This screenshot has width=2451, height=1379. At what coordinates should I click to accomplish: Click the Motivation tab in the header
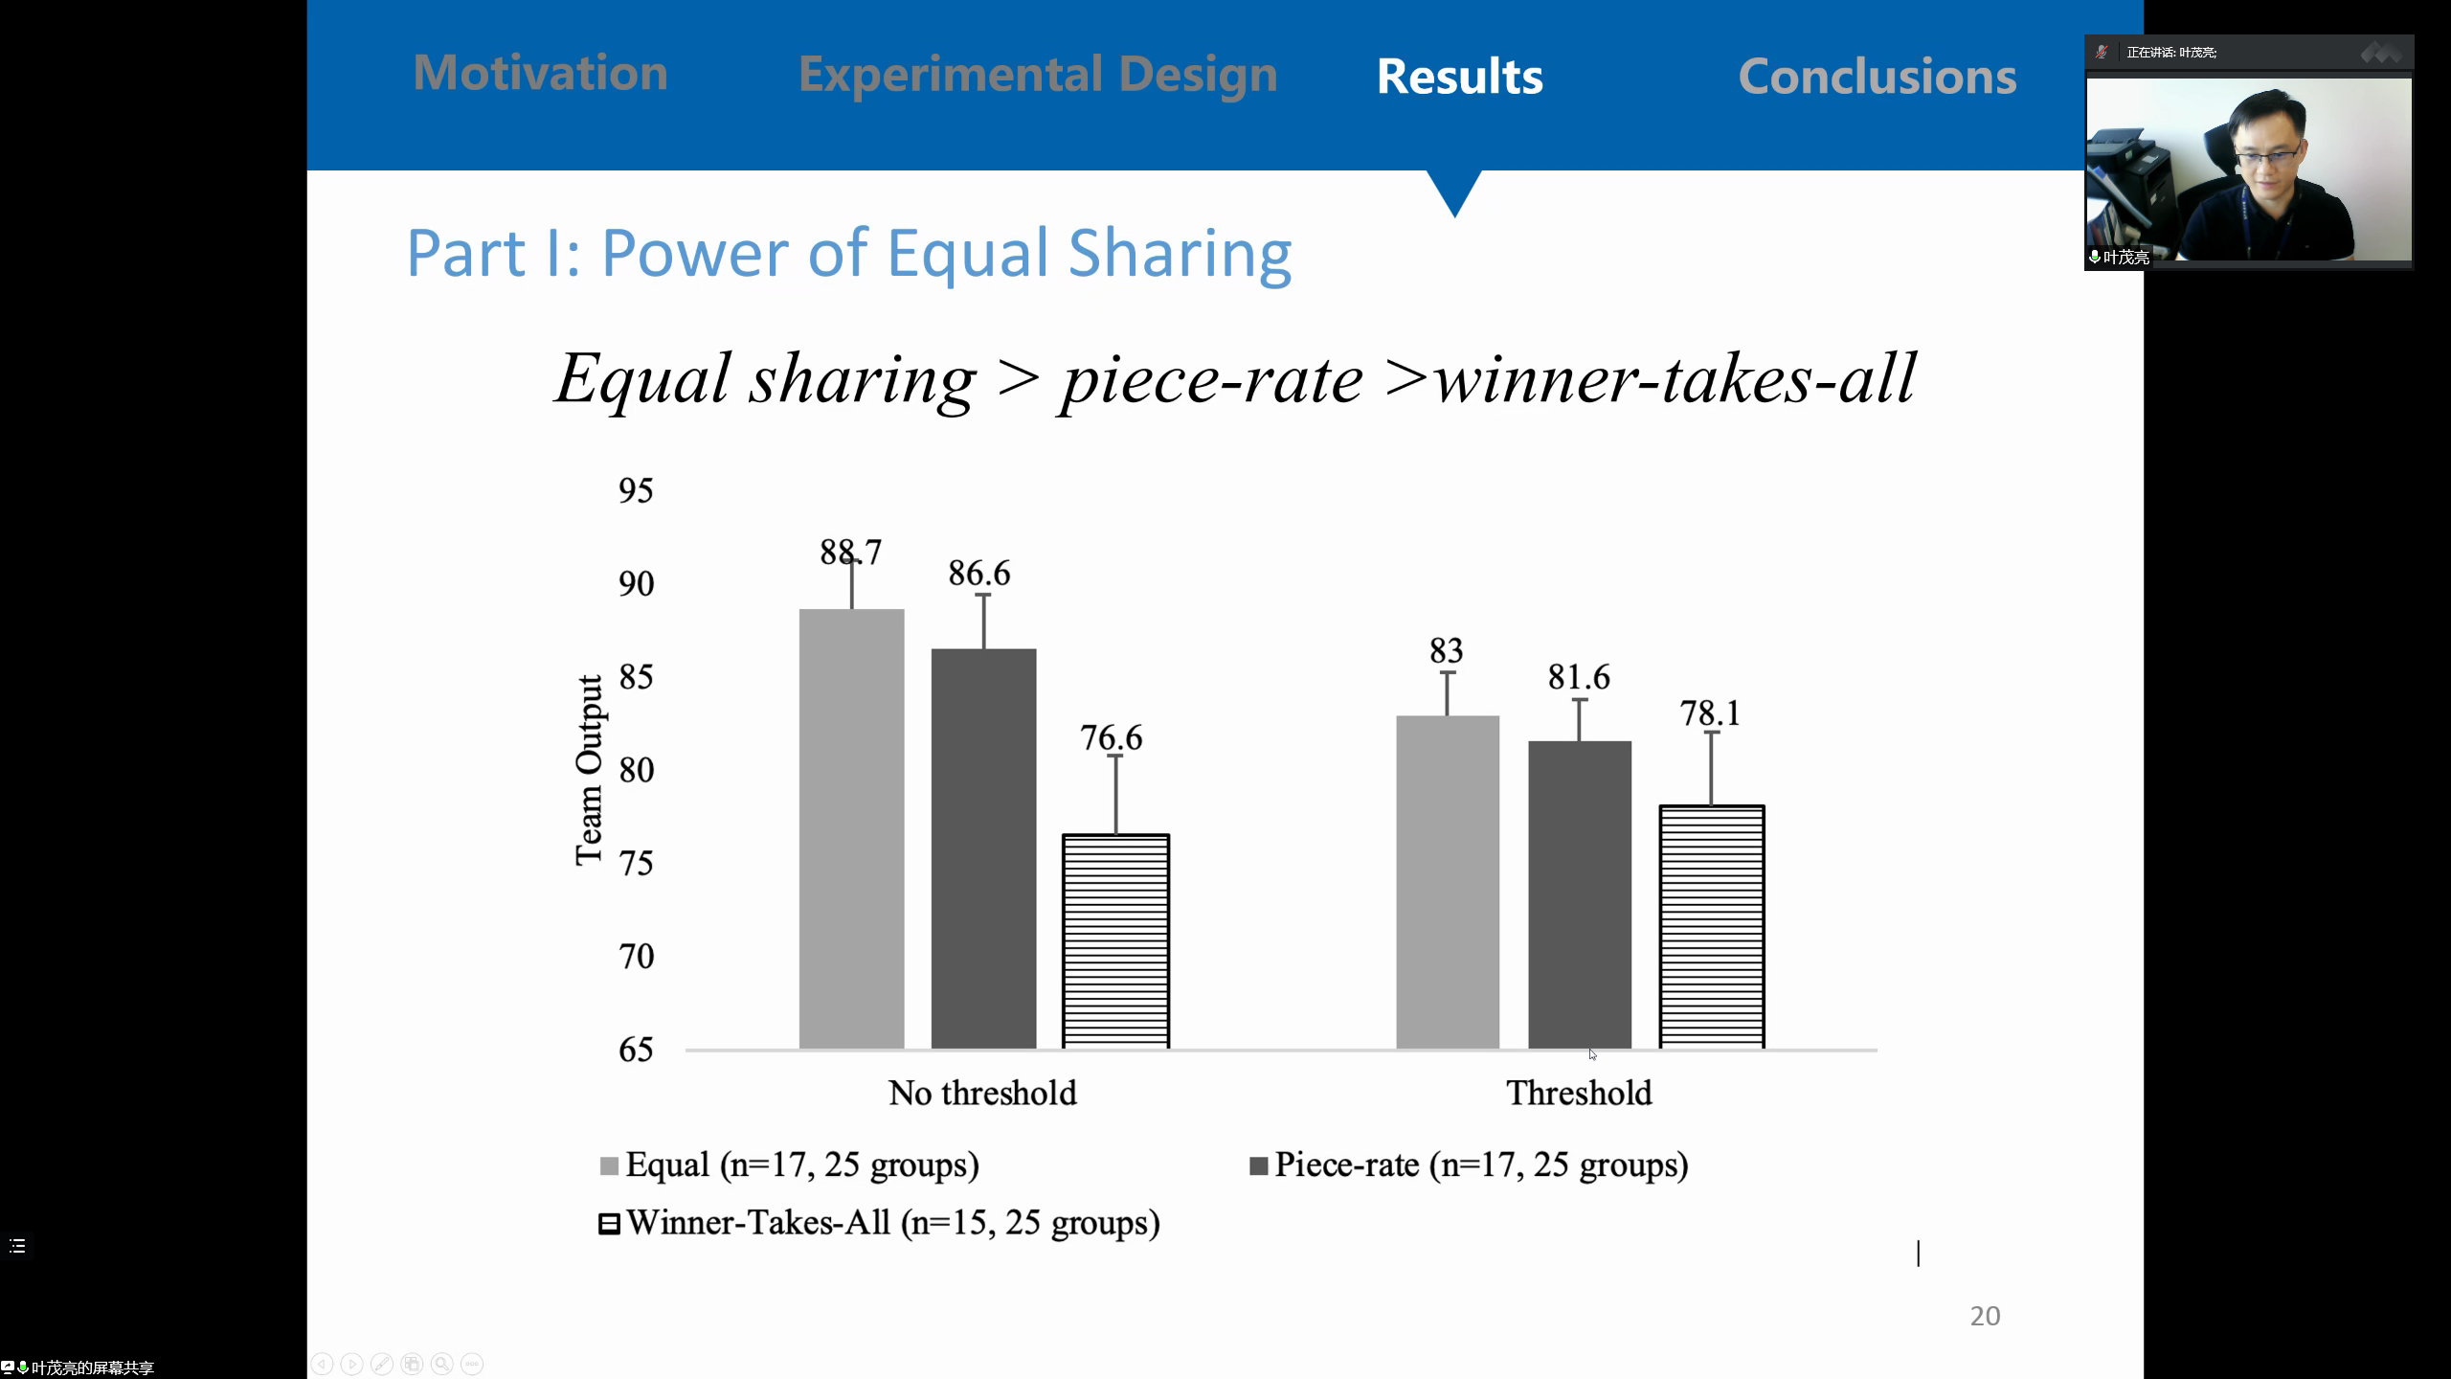pyautogui.click(x=540, y=74)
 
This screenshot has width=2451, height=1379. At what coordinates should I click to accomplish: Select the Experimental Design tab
pyautogui.click(x=1038, y=76)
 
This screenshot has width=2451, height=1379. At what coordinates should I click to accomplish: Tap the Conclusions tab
pyautogui.click(x=1877, y=77)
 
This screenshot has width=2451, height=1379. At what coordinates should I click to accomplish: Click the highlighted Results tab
pyautogui.click(x=1459, y=77)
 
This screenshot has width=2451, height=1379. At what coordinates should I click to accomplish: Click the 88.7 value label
pyautogui.click(x=850, y=552)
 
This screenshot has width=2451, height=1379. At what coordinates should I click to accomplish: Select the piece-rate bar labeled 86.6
pyautogui.click(x=983, y=848)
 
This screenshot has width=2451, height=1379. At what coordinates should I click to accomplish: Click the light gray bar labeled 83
pyautogui.click(x=1448, y=881)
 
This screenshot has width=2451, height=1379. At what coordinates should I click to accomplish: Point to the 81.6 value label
pyautogui.click(x=1579, y=678)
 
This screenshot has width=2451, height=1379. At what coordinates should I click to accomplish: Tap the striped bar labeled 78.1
pyautogui.click(x=1711, y=926)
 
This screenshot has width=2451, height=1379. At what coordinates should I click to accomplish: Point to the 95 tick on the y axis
pyautogui.click(x=636, y=491)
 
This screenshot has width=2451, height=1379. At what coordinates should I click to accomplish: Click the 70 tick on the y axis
pyautogui.click(x=636, y=957)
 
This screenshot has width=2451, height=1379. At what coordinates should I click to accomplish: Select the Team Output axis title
pyautogui.click(x=589, y=770)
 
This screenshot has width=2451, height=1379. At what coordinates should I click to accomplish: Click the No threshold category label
pyautogui.click(x=982, y=1093)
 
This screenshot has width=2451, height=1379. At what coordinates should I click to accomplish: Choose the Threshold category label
pyautogui.click(x=1579, y=1093)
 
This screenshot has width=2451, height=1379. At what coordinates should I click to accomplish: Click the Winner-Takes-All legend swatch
pyautogui.click(x=609, y=1224)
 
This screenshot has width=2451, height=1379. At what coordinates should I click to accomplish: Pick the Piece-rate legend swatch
pyautogui.click(x=1259, y=1166)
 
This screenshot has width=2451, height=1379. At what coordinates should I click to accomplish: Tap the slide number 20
pyautogui.click(x=1985, y=1316)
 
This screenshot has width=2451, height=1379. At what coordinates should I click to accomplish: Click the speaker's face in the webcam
pyautogui.click(x=2265, y=154)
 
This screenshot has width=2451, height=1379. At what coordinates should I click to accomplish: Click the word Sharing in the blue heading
pyautogui.click(x=1180, y=254)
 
